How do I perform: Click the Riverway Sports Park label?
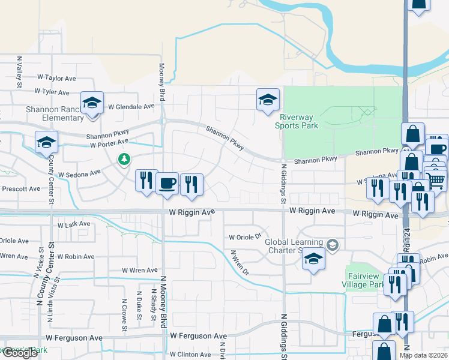click(297, 122)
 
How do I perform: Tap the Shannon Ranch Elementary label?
click(54, 113)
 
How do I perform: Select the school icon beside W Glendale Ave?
click(92, 104)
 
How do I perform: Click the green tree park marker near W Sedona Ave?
click(124, 160)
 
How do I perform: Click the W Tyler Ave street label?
click(53, 92)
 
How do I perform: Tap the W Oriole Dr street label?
click(246, 237)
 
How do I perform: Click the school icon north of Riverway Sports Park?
click(268, 100)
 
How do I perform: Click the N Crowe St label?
click(125, 315)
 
